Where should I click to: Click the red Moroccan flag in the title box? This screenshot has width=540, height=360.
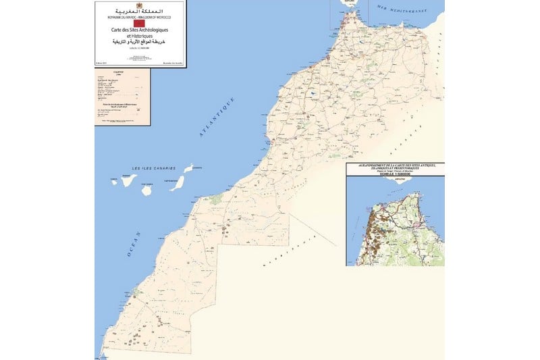(140, 23)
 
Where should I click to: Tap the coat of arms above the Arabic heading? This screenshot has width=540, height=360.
(140, 5)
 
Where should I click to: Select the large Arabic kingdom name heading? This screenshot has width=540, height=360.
(140, 11)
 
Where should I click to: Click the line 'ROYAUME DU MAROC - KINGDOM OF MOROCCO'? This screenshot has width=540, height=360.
(140, 17)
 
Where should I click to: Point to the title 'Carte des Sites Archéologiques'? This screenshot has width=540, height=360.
(140, 30)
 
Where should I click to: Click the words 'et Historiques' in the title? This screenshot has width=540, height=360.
(140, 36)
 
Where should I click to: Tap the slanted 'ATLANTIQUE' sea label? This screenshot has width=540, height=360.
(217, 118)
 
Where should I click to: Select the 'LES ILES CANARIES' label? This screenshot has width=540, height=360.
(153, 168)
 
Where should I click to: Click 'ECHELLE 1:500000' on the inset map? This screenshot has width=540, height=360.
(394, 174)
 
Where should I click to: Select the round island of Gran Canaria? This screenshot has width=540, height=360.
(146, 190)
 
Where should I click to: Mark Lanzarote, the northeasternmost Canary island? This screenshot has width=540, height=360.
(188, 168)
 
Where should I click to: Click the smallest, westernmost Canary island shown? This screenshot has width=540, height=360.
(113, 182)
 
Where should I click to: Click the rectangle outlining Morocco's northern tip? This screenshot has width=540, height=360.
(342, 14)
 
